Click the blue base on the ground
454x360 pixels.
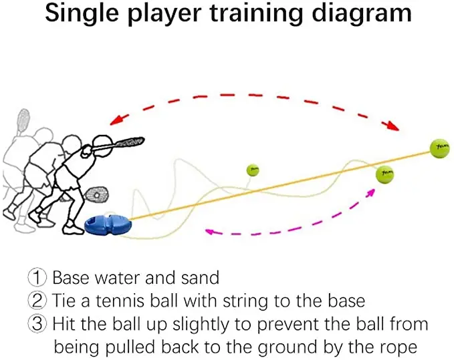(x=107, y=225)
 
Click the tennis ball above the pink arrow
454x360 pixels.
(x=384, y=176)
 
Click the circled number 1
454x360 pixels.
(x=37, y=277)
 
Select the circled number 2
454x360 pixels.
(x=37, y=301)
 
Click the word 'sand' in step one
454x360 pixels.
(x=200, y=277)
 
